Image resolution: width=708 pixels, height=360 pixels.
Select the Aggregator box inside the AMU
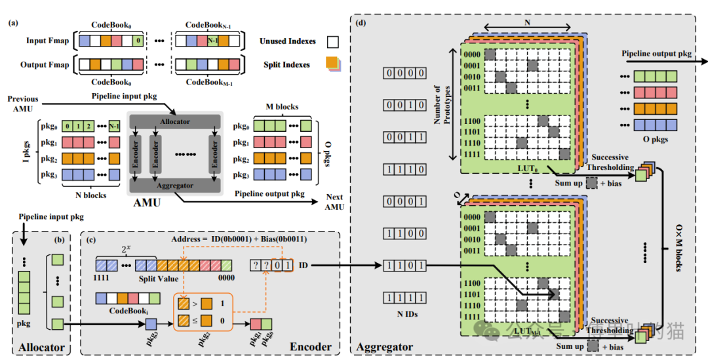click(x=174, y=186)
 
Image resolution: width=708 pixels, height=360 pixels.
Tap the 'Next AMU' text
click(x=334, y=201)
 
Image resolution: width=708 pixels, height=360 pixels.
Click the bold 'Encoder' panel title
click(x=309, y=347)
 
